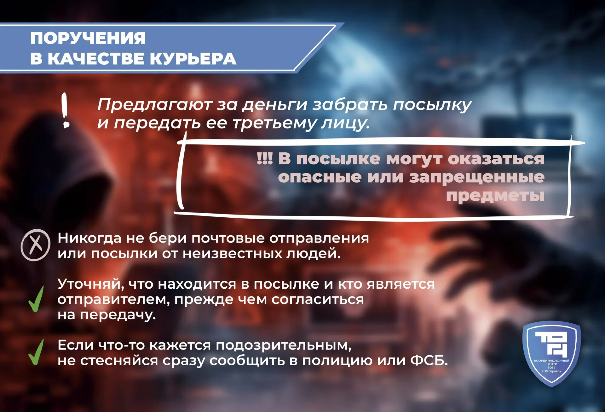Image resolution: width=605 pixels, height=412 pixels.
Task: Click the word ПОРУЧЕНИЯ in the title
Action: point(88,38)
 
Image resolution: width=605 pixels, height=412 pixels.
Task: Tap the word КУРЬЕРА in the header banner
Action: point(193,59)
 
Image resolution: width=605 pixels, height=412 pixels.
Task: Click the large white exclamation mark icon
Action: point(65,110)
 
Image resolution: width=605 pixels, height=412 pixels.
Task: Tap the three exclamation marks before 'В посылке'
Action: point(265,158)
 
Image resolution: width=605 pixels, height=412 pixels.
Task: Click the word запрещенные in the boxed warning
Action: point(477,177)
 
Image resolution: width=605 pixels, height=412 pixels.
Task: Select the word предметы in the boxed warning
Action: point(495,196)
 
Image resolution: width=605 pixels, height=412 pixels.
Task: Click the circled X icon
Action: point(36,245)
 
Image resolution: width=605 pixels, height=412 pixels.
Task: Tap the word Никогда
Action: point(89,238)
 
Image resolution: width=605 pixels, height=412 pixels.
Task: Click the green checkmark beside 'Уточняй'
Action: point(36,299)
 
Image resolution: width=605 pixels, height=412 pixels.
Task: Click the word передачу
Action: point(118,315)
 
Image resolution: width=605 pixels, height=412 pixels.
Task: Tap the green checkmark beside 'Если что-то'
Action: point(36,352)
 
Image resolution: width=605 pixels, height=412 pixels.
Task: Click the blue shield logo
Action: point(551,354)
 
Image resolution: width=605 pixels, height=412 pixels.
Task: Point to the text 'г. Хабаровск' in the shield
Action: point(551,371)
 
